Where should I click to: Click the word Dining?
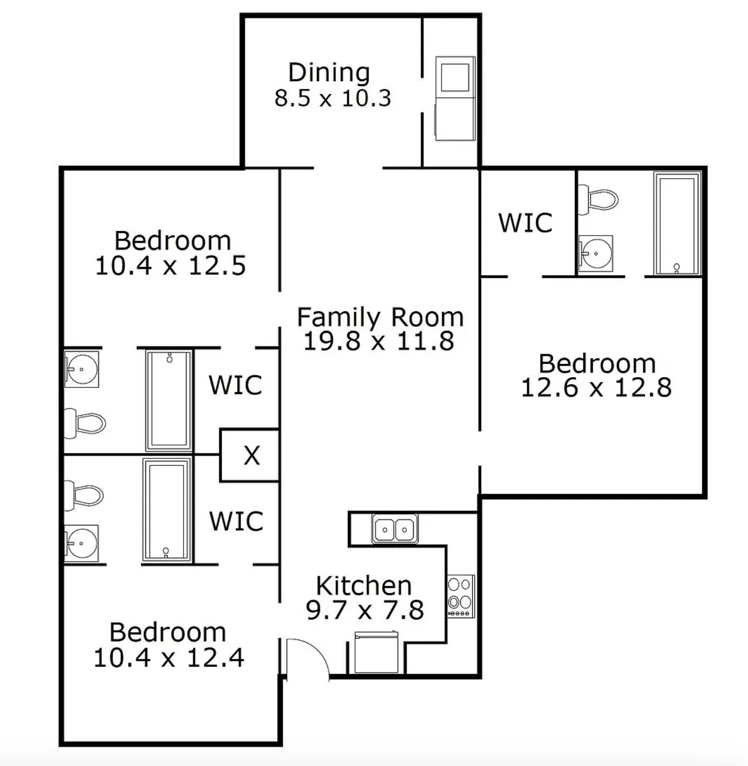[x=329, y=73]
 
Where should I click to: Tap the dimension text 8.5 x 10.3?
[x=333, y=98]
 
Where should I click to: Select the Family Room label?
[x=380, y=317]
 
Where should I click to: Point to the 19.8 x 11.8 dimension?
[x=378, y=341]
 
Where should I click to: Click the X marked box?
[x=251, y=455]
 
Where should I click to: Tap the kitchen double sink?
[x=395, y=529]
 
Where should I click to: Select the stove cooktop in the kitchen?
[x=461, y=596]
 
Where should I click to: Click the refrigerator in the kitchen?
[x=376, y=653]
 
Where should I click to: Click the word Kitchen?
[x=364, y=586]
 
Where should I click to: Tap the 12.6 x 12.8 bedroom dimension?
[x=596, y=387]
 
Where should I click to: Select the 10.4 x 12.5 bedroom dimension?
[x=170, y=266]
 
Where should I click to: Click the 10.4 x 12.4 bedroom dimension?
[x=169, y=658]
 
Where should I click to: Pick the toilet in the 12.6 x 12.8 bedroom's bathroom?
[x=599, y=200]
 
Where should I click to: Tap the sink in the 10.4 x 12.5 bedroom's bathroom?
[x=82, y=370]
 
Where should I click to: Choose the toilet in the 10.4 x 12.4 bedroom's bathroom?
[x=84, y=496]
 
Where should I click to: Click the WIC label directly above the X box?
[x=235, y=385]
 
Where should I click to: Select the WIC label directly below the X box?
[x=236, y=521]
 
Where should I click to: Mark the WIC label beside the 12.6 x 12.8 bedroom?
[x=525, y=223]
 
